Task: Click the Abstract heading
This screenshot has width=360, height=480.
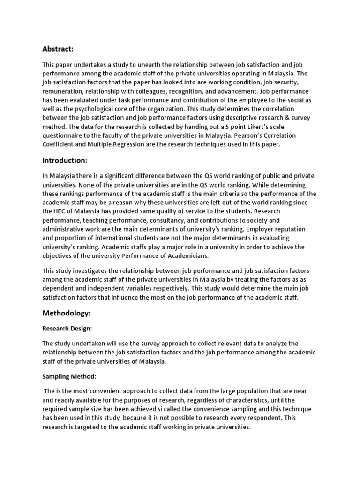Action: pyautogui.click(x=58, y=49)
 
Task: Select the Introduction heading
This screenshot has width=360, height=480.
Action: pyautogui.click(x=65, y=160)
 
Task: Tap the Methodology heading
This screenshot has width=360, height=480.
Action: pyautogui.click(x=67, y=313)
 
